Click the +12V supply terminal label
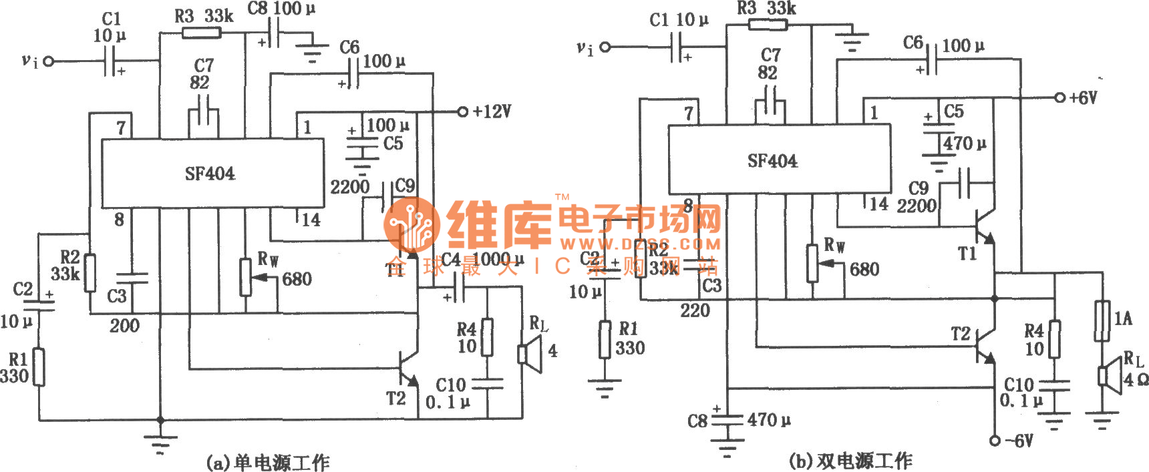click(x=492, y=111)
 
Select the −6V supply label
click(x=1020, y=441)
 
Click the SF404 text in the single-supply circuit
click(x=210, y=174)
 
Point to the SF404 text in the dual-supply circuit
click(x=772, y=161)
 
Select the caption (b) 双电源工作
click(x=850, y=461)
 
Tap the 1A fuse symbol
click(x=1102, y=321)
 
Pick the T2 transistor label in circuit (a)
click(x=395, y=399)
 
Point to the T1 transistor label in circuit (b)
click(x=967, y=254)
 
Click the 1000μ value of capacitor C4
click(x=498, y=259)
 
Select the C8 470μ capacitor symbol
click(x=727, y=420)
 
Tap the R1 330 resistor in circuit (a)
click(x=39, y=367)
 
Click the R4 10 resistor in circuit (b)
click(x=1054, y=339)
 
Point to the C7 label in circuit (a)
click(x=204, y=65)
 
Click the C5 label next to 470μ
click(x=953, y=111)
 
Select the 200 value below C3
click(x=124, y=326)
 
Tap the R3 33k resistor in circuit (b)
click(x=768, y=25)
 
